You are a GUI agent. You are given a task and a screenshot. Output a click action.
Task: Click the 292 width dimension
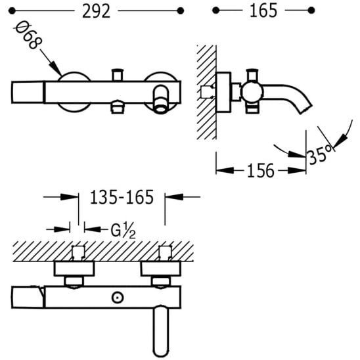click(x=96, y=11)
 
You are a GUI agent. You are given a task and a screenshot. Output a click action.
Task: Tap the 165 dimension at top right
click(x=263, y=11)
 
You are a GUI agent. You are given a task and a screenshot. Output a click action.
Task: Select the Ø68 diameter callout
click(x=28, y=35)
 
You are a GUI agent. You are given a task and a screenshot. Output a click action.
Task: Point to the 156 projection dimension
click(x=261, y=171)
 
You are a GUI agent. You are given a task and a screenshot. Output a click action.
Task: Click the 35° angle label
click(x=320, y=155)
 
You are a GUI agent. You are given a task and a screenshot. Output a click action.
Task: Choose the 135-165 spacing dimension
click(x=122, y=197)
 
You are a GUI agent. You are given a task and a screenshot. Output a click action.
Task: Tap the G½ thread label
click(x=123, y=231)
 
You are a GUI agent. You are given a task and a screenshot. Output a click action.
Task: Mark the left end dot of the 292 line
click(x=11, y=11)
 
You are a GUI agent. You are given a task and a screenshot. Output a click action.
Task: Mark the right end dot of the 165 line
click(x=311, y=11)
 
